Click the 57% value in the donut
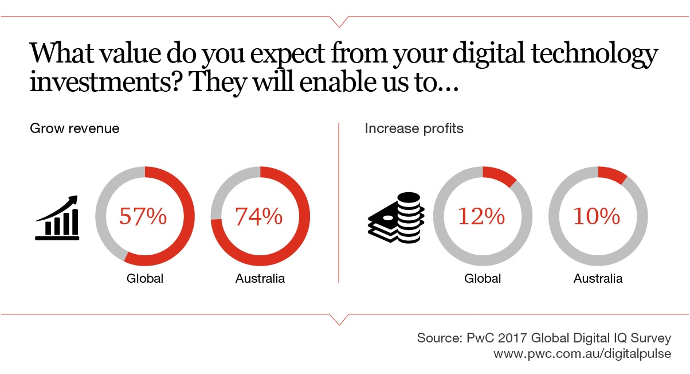143,216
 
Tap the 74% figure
259,216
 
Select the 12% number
481,216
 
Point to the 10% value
597,216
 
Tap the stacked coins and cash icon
396,217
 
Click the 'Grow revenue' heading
75,128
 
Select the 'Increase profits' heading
414,128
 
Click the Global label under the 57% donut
145,278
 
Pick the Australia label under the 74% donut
260,278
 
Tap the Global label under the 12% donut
483,278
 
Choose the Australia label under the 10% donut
598,278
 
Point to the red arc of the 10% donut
613,174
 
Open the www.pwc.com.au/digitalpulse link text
582,354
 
